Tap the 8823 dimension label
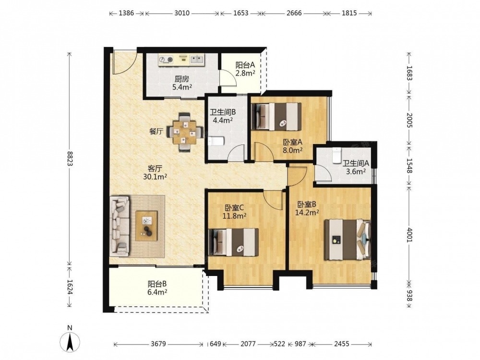[70, 159]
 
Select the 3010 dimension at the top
[182, 13]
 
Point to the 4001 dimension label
[409, 234]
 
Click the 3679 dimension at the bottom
[158, 344]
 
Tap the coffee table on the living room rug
[146, 226]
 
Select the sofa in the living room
[120, 226]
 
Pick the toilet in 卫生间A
[336, 155]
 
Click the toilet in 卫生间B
[216, 141]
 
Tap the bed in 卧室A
[276, 116]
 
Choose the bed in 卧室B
[348, 240]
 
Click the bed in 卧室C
[233, 242]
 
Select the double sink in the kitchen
[197, 59]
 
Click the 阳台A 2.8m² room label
[245, 69]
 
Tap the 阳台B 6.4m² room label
[157, 288]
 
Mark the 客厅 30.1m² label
[155, 172]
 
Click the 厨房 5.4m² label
[182, 83]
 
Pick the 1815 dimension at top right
[349, 13]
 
